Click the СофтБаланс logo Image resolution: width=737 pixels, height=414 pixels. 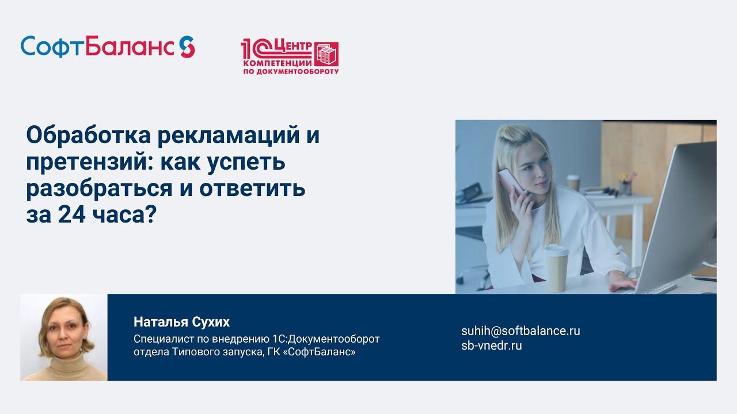click(x=107, y=47)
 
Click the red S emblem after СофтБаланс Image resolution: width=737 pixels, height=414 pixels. click(x=187, y=47)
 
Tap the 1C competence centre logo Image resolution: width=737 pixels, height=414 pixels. click(x=289, y=57)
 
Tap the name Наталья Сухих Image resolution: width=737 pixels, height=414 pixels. click(x=181, y=321)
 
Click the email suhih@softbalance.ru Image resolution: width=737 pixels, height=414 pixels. click(x=521, y=331)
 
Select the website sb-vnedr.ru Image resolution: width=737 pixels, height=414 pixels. click(x=491, y=346)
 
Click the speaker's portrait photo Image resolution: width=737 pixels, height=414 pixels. click(x=64, y=338)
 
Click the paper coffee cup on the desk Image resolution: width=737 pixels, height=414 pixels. click(x=556, y=267)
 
